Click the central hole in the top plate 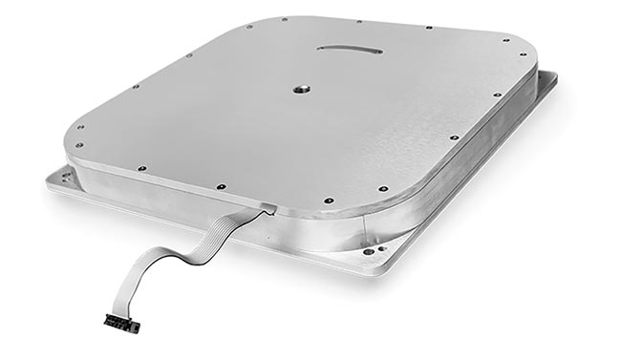click(x=301, y=89)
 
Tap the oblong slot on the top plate click(x=350, y=49)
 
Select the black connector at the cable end click(x=122, y=324)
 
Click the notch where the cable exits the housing click(x=269, y=207)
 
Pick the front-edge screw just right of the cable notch click(x=328, y=201)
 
